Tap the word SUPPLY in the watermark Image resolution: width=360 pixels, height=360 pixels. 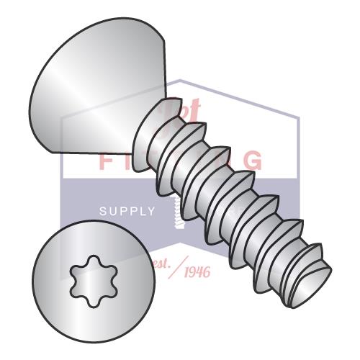[126, 212]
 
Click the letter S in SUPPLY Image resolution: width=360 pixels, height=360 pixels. [102, 212]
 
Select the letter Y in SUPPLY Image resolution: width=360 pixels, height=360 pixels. [150, 212]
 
